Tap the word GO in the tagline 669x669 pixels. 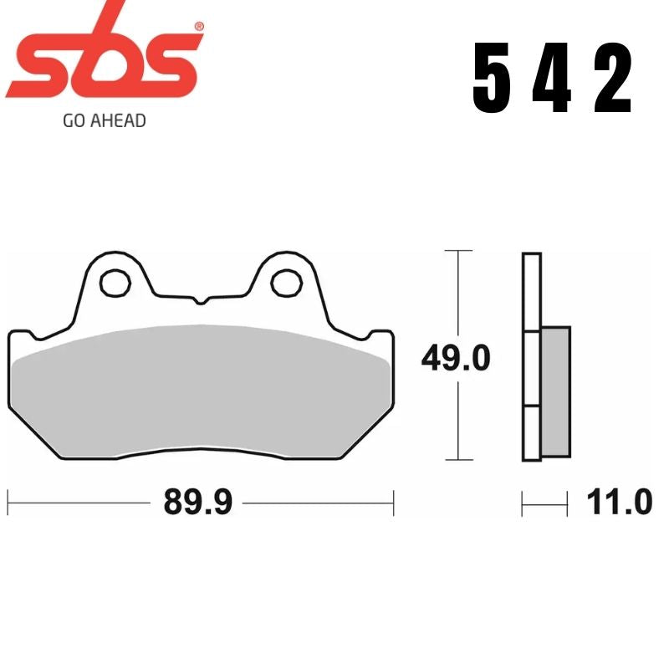pos(74,120)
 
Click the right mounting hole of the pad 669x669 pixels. pos(286,282)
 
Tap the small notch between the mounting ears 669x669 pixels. pos(199,299)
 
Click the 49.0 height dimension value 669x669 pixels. pos(455,360)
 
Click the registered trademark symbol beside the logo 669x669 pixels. pos(198,28)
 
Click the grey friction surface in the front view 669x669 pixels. pos(201,389)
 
